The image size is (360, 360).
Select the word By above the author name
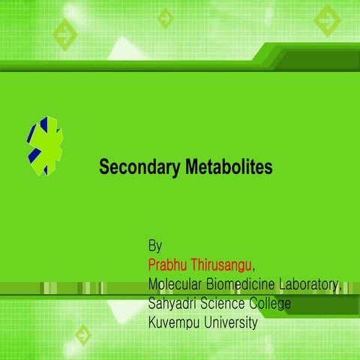(x=155, y=246)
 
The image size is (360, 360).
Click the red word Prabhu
(x=170, y=265)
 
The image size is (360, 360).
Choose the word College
(x=274, y=304)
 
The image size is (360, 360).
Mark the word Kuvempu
(x=175, y=323)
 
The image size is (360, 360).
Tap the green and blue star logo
(x=46, y=145)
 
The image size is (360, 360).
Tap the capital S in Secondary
(x=104, y=167)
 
